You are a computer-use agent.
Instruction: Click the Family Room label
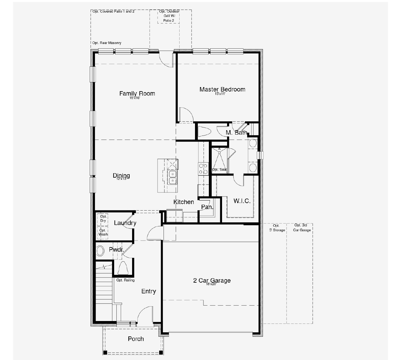point(137,93)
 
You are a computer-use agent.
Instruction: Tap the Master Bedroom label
point(222,89)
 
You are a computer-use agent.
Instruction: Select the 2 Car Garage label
point(212,280)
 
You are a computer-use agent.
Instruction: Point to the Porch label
point(136,339)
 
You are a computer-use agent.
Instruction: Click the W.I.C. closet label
point(242,201)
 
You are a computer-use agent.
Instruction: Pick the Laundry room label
point(125,223)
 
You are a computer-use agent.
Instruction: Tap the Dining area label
point(121,175)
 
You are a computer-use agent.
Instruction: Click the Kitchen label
point(184,202)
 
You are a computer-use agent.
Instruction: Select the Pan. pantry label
point(207,207)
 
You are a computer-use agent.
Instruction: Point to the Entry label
point(148,291)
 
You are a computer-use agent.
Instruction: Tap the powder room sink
point(100,251)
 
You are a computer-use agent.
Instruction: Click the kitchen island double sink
point(173,177)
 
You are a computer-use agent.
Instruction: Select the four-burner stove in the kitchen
point(203,169)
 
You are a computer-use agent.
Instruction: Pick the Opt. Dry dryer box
point(103,219)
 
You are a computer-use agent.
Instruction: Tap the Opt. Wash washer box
point(103,232)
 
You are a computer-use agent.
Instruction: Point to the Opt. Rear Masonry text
point(107,43)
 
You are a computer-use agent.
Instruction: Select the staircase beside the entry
point(104,288)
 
